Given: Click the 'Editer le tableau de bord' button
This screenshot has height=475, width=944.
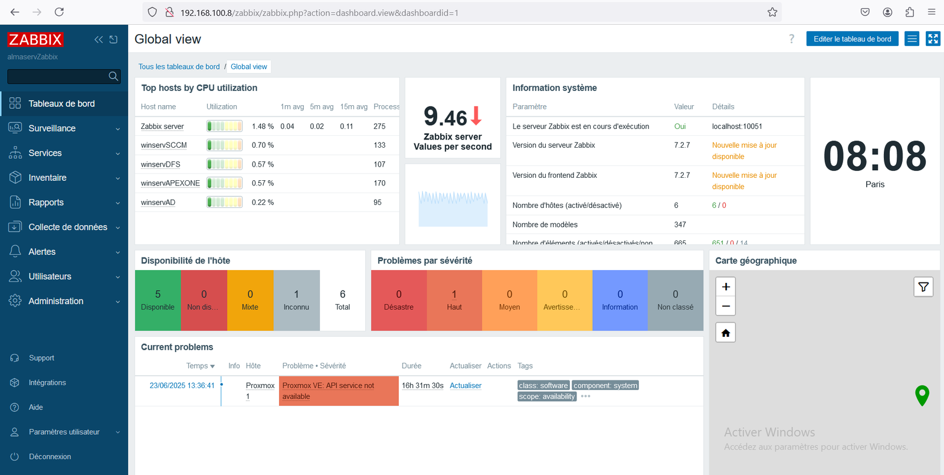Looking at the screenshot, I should tap(852, 39).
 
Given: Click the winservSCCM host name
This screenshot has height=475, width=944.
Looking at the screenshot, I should tap(163, 145).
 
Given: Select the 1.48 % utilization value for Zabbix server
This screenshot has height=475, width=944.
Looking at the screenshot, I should tap(263, 126).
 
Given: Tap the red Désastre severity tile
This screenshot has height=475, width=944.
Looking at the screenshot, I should tap(398, 300).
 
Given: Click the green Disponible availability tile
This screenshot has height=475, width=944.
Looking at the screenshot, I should tap(158, 300).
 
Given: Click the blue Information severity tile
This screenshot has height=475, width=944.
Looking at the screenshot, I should tap(619, 300).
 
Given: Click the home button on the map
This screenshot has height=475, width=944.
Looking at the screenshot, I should tap(726, 333).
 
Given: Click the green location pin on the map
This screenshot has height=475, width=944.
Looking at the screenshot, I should tap(922, 394).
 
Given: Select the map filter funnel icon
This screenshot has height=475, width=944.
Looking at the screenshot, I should tap(923, 287).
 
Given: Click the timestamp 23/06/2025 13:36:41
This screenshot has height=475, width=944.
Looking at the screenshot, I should tap(182, 386).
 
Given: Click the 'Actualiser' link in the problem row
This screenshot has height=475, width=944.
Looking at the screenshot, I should tap(466, 386).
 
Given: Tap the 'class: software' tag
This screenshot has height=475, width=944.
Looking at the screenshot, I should tap(543, 386).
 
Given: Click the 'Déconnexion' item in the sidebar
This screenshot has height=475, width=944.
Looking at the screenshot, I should tap(50, 457).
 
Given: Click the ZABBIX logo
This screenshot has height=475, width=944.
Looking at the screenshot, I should tap(35, 40).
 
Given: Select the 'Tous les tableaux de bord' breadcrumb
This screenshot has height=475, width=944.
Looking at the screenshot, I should tap(179, 67).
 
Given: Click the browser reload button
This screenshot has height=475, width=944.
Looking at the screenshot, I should tap(59, 12).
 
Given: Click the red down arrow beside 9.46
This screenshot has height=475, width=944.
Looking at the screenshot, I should tap(477, 116).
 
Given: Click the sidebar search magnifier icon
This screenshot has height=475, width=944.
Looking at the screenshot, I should tap(113, 76).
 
